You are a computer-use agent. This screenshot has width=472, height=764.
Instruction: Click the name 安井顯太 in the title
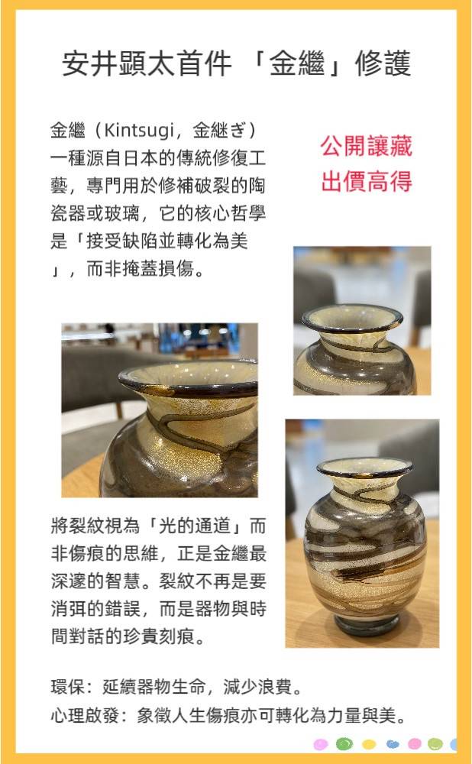pyautogui.click(x=118, y=63)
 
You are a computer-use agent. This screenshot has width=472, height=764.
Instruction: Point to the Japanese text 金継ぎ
pyautogui.click(x=219, y=131)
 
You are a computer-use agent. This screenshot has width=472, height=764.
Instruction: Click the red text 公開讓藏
pyautogui.click(x=367, y=146)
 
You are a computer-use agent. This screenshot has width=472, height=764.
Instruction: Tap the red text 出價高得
pyautogui.click(x=367, y=181)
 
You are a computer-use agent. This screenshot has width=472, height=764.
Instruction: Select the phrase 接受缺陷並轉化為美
pyautogui.click(x=166, y=241)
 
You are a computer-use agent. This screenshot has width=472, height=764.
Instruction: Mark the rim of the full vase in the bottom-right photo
pyautogui.click(x=365, y=468)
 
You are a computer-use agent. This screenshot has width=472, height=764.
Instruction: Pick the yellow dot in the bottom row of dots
pyautogui.click(x=369, y=744)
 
